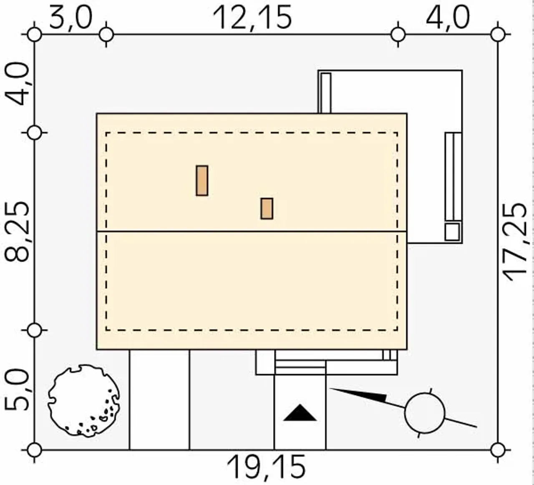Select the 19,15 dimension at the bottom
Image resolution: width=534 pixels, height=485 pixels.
tap(266, 467)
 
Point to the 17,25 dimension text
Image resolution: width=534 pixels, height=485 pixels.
tap(515, 242)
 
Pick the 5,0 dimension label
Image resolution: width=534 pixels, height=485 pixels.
tap(17, 390)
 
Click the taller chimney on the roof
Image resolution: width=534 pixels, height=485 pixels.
tap(202, 181)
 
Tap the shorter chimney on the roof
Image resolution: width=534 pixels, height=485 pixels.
tap(267, 209)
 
